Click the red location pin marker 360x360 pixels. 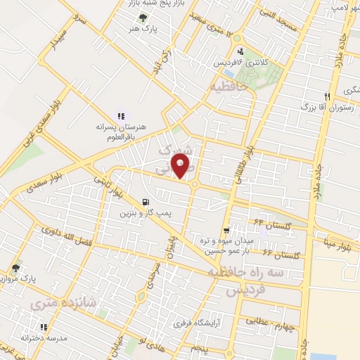tap(185, 167)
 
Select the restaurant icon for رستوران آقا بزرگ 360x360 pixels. tap(327, 96)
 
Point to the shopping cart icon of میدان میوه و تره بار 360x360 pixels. tap(226, 231)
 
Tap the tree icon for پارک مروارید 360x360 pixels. tap(15, 268)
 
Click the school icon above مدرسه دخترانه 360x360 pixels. tap(44, 327)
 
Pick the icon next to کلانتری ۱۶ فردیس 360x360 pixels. tap(242, 51)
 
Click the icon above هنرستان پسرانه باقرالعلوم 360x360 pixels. tap(121, 115)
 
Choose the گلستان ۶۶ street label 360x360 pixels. tap(276, 252)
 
